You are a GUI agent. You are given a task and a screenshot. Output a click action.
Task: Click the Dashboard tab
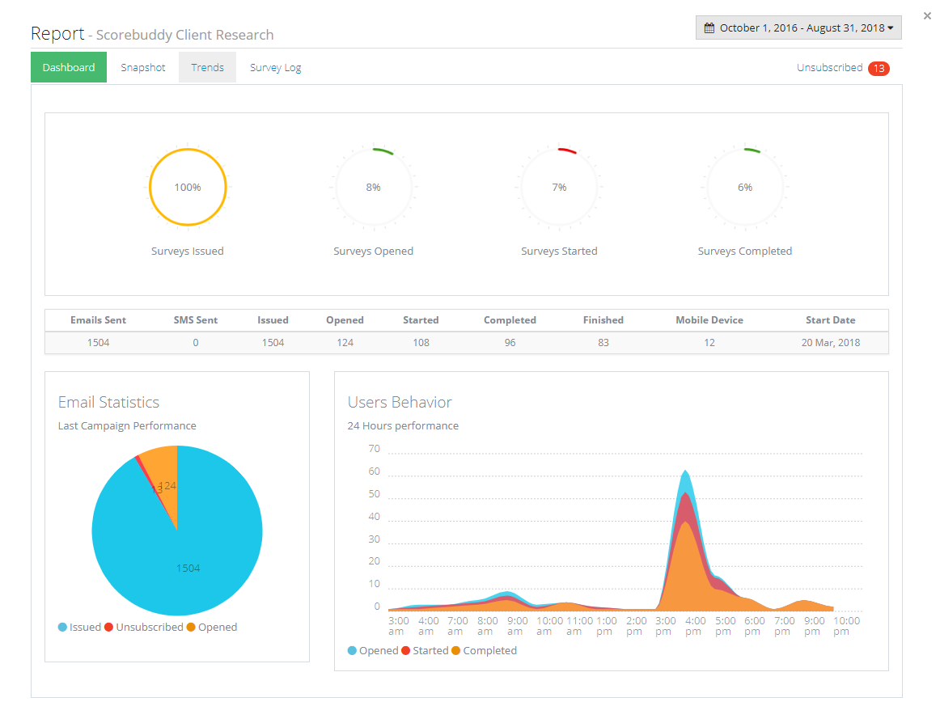coord(69,68)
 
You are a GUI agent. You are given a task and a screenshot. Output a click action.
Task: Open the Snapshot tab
coord(143,68)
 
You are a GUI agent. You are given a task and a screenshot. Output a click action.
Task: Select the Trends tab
coord(207,68)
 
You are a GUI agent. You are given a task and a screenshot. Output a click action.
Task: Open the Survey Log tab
coord(275,68)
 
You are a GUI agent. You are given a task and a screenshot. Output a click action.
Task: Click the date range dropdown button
coord(798,27)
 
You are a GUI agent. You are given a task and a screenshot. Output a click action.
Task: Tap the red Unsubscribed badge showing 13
coord(879,69)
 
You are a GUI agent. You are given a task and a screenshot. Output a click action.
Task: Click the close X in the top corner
coord(927,16)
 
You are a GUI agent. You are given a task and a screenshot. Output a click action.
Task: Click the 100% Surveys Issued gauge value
coord(188,188)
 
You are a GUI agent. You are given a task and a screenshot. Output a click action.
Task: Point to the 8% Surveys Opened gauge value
coord(373,188)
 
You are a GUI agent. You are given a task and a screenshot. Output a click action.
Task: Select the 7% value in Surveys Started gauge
coord(559,188)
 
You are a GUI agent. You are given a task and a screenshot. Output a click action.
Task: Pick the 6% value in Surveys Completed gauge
coord(745,188)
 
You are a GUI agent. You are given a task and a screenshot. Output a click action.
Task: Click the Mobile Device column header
coord(709,320)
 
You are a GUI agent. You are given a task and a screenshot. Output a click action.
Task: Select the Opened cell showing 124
coord(345,343)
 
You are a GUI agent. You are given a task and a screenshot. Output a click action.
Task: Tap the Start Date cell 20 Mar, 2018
coord(830,343)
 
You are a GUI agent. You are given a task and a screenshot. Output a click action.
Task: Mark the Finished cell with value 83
coord(603,343)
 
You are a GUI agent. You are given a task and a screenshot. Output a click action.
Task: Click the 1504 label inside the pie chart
coord(188,569)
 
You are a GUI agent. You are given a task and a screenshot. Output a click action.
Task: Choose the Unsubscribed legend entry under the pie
coord(149,628)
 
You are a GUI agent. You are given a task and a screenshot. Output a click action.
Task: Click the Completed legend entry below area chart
coord(489,651)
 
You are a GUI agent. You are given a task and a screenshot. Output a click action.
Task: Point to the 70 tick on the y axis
coord(373,449)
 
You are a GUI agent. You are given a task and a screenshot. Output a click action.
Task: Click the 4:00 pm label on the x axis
coord(693,626)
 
